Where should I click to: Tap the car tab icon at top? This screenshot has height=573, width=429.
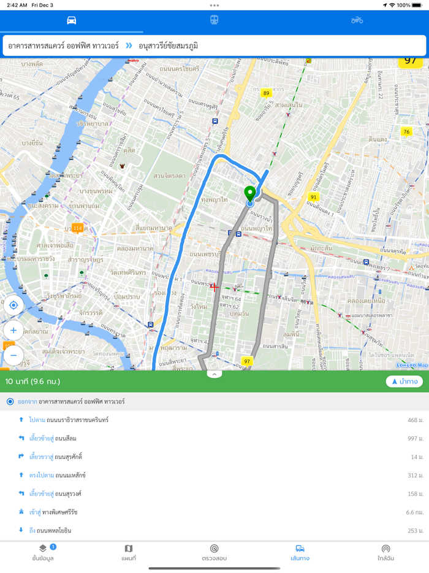click(x=72, y=20)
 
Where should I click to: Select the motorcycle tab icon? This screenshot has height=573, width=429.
click(x=357, y=20)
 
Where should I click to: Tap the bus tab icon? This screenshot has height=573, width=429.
click(x=214, y=20)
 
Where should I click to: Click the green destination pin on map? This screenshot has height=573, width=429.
click(x=249, y=193)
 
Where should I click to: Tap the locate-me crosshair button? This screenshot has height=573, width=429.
click(x=13, y=305)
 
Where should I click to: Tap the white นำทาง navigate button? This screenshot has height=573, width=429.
click(x=404, y=382)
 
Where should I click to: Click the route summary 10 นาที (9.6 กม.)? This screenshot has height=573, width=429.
click(x=33, y=382)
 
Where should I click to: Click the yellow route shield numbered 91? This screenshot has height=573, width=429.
click(x=314, y=197)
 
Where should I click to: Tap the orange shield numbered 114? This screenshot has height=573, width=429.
click(x=77, y=228)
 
